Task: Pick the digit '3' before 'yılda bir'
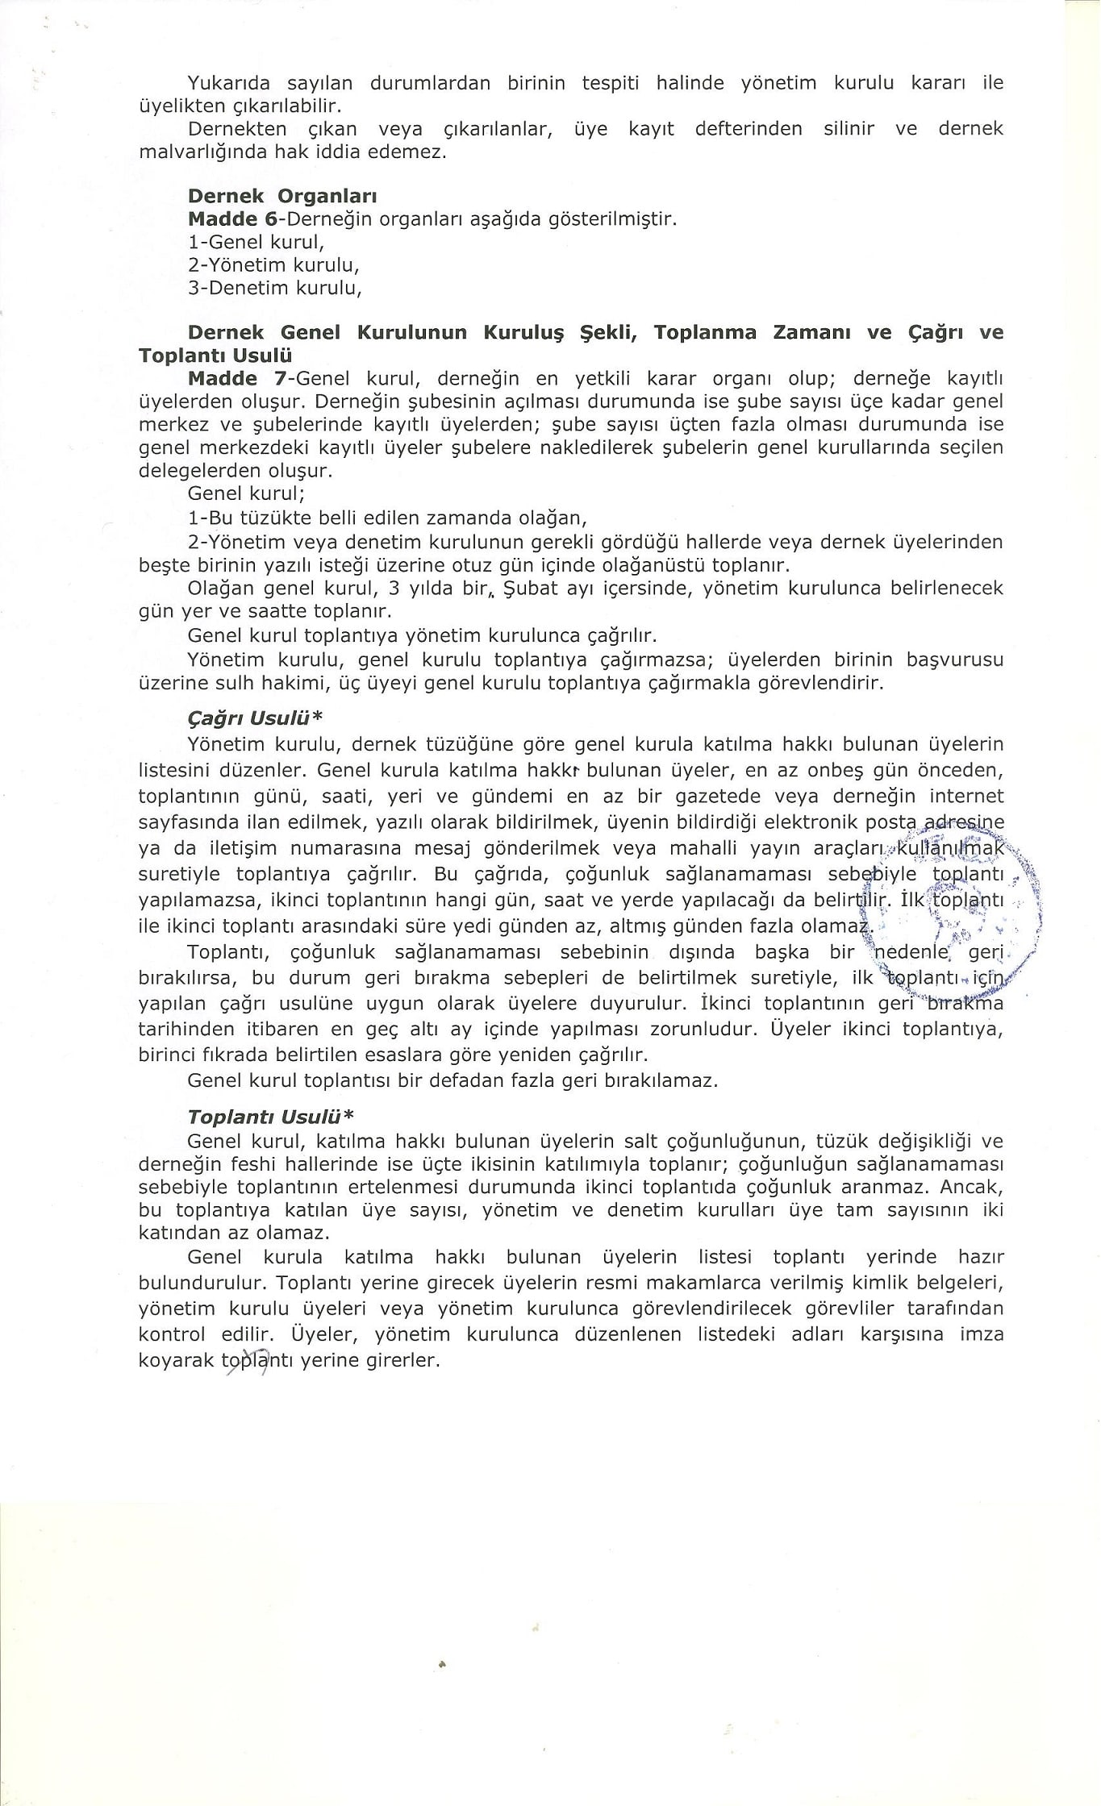[x=394, y=589]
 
